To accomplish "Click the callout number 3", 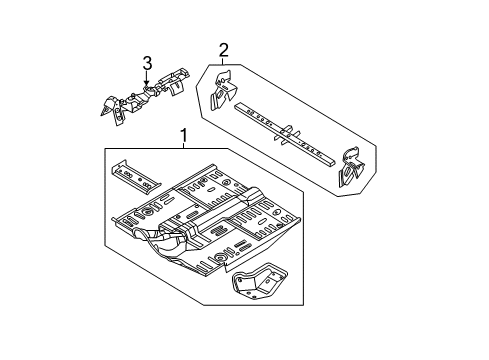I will (147, 65).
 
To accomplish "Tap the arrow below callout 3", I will (147, 81).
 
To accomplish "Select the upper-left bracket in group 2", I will (225, 91).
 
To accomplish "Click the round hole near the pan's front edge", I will (213, 261).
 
